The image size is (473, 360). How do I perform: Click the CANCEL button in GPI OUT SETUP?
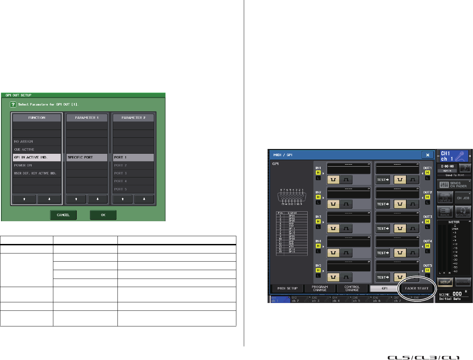(x=63, y=215)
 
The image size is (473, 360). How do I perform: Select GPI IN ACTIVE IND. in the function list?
(x=37, y=157)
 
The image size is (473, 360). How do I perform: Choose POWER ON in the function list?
(x=37, y=166)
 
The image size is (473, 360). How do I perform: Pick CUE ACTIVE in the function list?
(x=37, y=150)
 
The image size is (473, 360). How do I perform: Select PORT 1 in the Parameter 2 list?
(x=133, y=157)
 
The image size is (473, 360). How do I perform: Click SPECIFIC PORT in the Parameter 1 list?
(x=87, y=157)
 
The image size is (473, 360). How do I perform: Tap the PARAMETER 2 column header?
(x=133, y=118)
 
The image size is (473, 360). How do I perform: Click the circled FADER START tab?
(x=417, y=288)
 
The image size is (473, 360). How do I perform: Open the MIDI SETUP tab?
(x=287, y=288)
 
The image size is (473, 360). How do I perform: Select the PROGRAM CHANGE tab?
(x=320, y=288)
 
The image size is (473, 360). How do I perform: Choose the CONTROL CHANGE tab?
(x=352, y=288)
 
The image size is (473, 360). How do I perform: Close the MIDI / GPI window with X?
(x=427, y=155)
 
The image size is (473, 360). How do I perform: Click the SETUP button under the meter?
(x=445, y=282)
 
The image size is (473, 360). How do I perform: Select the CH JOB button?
(x=463, y=198)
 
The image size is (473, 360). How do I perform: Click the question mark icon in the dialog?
(x=13, y=105)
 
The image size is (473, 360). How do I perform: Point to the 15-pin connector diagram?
(x=292, y=197)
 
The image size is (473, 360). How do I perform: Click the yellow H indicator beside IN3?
(x=318, y=222)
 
